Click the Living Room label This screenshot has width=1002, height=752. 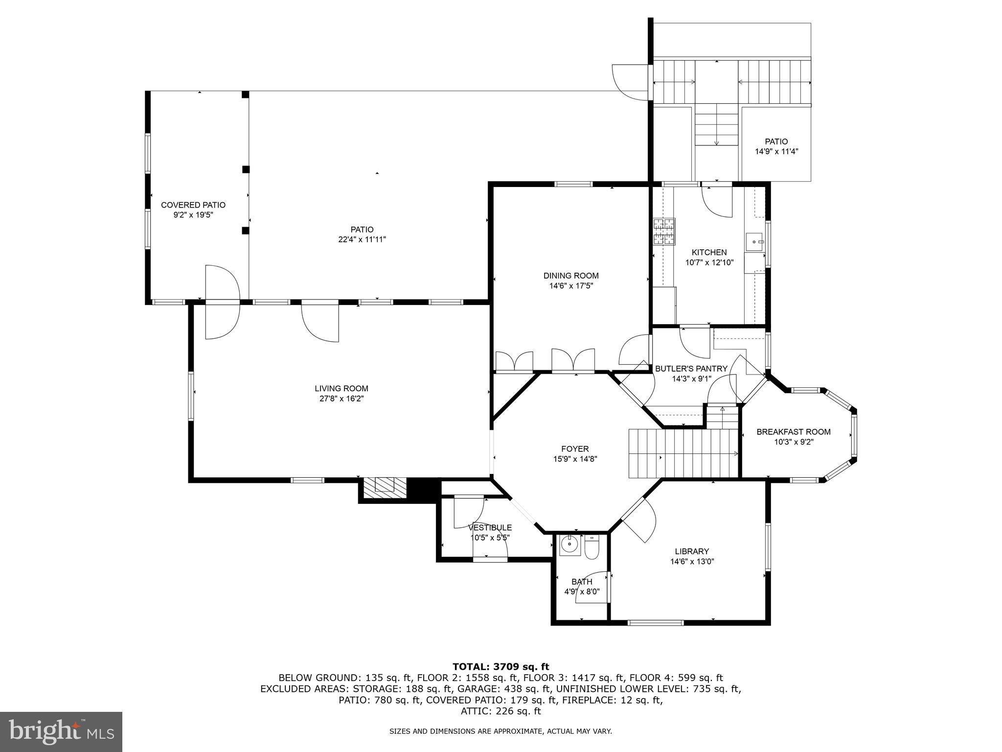[341, 389]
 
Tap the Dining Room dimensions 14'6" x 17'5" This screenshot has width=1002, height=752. [571, 286]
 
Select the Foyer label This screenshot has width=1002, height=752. [575, 449]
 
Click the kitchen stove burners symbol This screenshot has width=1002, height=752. [664, 232]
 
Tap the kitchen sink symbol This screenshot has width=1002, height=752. [754, 242]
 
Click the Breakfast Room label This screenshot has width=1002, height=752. [793, 432]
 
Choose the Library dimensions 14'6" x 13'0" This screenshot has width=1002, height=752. [692, 562]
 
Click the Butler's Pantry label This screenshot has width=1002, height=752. [691, 369]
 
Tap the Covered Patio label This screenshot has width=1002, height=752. [193, 205]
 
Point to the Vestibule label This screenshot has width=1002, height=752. [490, 527]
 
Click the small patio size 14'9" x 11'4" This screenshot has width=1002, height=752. [776, 152]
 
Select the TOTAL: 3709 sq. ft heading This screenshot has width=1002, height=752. [501, 666]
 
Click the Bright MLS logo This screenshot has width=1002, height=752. [61, 732]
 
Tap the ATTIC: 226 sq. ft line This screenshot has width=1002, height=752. [501, 711]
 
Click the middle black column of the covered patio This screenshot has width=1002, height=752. [246, 169]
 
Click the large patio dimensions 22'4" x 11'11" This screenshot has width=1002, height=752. [362, 239]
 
